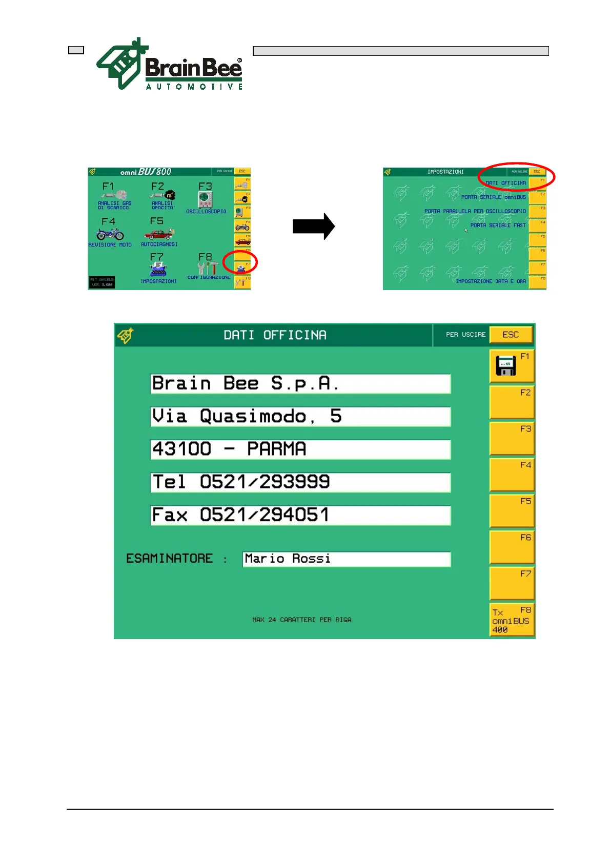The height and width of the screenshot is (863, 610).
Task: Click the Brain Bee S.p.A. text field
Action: [300, 384]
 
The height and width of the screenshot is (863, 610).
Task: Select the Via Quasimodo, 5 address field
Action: [300, 417]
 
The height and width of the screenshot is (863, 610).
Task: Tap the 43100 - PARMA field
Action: [300, 449]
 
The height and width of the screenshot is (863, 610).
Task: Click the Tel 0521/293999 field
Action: [300, 482]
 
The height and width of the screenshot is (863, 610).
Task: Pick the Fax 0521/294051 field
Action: [300, 515]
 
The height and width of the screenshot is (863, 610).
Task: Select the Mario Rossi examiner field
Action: [347, 559]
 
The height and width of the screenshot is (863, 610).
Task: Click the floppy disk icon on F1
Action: [506, 365]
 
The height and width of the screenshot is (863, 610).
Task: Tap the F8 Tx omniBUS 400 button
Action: [512, 620]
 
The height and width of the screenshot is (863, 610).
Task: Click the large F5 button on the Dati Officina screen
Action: [512, 511]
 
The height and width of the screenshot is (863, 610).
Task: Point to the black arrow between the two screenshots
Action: [314, 227]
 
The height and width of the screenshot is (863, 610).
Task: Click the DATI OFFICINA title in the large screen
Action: [275, 335]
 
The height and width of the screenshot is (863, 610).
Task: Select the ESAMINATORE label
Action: [169, 559]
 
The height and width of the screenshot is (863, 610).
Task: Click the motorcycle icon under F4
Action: [110, 234]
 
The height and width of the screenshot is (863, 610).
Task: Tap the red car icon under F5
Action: [159, 234]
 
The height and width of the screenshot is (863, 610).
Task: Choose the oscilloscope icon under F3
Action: [205, 199]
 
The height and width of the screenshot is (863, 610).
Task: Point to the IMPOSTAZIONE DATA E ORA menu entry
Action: [491, 281]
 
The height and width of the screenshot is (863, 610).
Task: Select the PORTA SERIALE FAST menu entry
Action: [498, 225]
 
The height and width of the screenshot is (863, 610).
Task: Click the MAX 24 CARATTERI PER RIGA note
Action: [302, 620]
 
